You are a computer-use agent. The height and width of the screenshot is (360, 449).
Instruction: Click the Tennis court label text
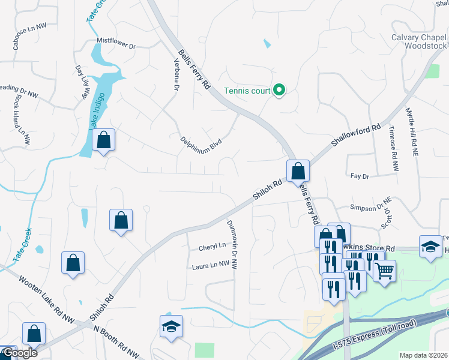[x=247, y=91]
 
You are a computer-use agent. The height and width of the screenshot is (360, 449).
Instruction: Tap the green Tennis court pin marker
[x=279, y=91]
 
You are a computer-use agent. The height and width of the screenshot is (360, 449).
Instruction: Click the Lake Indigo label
[x=98, y=110]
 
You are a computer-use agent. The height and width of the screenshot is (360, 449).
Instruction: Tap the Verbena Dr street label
[x=176, y=76]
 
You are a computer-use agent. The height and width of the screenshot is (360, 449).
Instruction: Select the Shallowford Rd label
[x=356, y=137]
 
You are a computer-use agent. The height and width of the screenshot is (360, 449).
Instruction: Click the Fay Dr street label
[x=359, y=176]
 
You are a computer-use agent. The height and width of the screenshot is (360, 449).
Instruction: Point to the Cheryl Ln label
[x=212, y=246]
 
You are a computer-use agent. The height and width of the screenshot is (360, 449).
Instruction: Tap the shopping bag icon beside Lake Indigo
[x=103, y=140]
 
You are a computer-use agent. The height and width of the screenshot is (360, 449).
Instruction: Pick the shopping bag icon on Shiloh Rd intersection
[x=298, y=171]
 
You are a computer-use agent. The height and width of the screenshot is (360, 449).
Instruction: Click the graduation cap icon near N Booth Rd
[x=171, y=326]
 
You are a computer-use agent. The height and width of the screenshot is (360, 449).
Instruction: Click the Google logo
[x=19, y=353]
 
